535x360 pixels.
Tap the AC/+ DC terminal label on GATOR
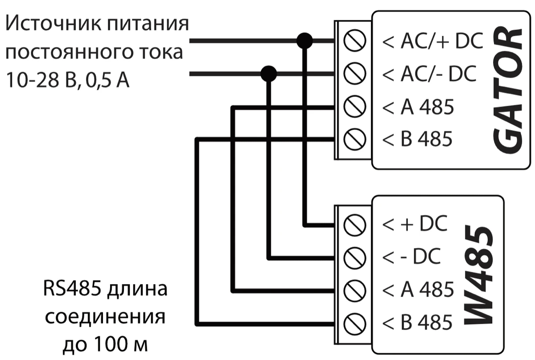tap(432, 42)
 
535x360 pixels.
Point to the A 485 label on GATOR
tap(418, 108)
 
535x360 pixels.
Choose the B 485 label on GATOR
tap(418, 139)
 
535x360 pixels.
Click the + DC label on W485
tap(415, 224)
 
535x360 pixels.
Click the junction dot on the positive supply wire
tap(305, 41)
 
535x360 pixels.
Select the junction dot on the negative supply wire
tap(269, 74)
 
